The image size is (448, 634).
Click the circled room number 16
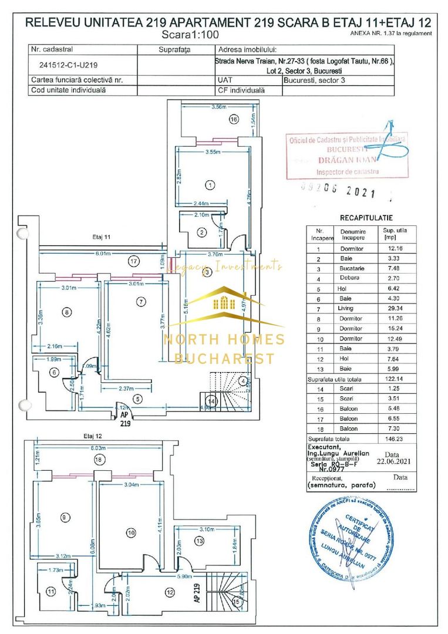pyautogui.click(x=234, y=119)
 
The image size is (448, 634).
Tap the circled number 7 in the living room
pyautogui.click(x=140, y=302)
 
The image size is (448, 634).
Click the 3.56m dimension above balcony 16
pyautogui.click(x=218, y=107)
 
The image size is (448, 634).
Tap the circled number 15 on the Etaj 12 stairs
pyautogui.click(x=236, y=601)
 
